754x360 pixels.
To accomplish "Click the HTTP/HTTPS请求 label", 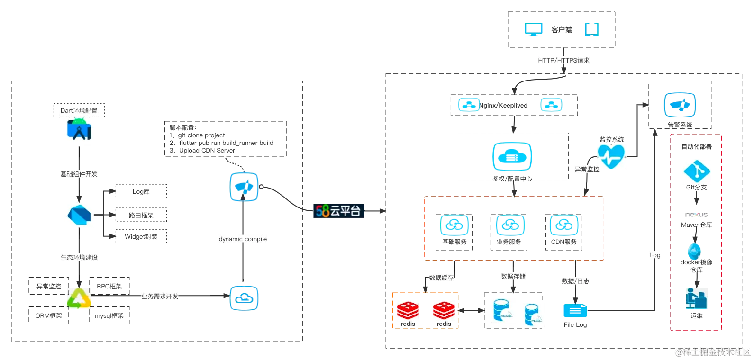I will click(x=563, y=60).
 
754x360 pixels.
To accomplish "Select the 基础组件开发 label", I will click(x=79, y=174).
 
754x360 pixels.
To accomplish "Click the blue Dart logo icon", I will click(x=80, y=216).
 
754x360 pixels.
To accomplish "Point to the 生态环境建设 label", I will click(x=79, y=257).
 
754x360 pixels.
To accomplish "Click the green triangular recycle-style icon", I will click(x=79, y=298).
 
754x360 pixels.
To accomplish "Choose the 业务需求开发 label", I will click(x=161, y=296).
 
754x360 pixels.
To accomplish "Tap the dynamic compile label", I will click(x=243, y=239).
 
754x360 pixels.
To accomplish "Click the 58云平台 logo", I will click(x=338, y=210).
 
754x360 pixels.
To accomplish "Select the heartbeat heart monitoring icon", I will click(x=612, y=156).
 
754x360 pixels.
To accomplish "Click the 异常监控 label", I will click(x=587, y=169).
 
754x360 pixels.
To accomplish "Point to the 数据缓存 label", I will click(x=441, y=278).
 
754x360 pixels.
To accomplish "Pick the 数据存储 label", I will click(x=513, y=276).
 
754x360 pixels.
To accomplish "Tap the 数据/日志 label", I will click(x=575, y=281).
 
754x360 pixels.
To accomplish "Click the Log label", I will click(x=654, y=255).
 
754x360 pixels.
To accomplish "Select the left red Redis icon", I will click(x=408, y=311).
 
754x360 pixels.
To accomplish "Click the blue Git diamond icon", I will click(x=695, y=172).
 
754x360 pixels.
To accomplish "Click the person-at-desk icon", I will click(x=696, y=297).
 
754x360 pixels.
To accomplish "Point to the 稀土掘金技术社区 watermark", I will click(x=713, y=351).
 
